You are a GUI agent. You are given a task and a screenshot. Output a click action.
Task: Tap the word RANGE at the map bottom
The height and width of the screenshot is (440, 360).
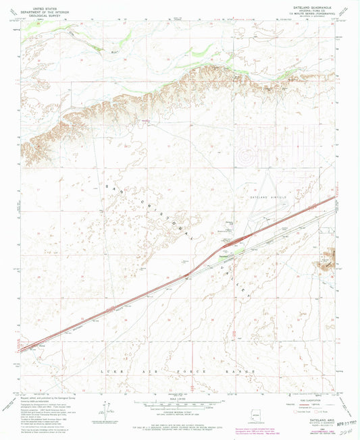(246, 372)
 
